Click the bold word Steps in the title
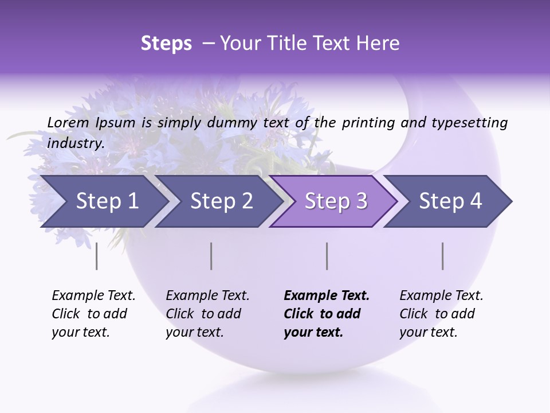tap(166, 44)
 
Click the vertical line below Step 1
tap(96, 256)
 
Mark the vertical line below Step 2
tap(211, 256)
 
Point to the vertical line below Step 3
tap(327, 256)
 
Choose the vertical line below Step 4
tap(442, 256)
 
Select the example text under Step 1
tap(93, 314)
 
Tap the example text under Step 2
tap(207, 314)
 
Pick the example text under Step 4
tap(441, 314)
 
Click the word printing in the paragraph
tap(369, 122)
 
